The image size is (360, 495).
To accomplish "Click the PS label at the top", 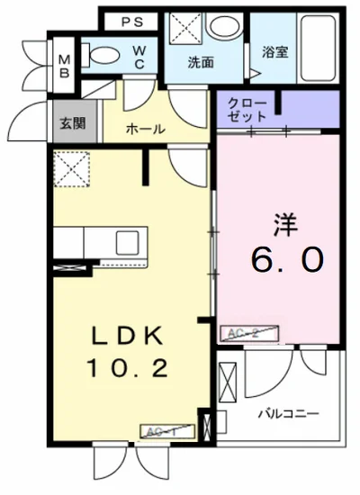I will (131, 21).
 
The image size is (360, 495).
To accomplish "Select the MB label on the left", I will (64, 67).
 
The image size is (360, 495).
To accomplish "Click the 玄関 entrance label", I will (74, 123).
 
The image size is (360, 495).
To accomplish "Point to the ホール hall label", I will (145, 129).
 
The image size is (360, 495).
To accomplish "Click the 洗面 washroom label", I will (200, 63).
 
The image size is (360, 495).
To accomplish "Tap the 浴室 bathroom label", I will (274, 51).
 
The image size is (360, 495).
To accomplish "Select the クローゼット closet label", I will (247, 110).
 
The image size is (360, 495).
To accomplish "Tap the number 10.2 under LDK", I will (126, 367).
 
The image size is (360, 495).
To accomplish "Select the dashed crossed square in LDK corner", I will (69, 167).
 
